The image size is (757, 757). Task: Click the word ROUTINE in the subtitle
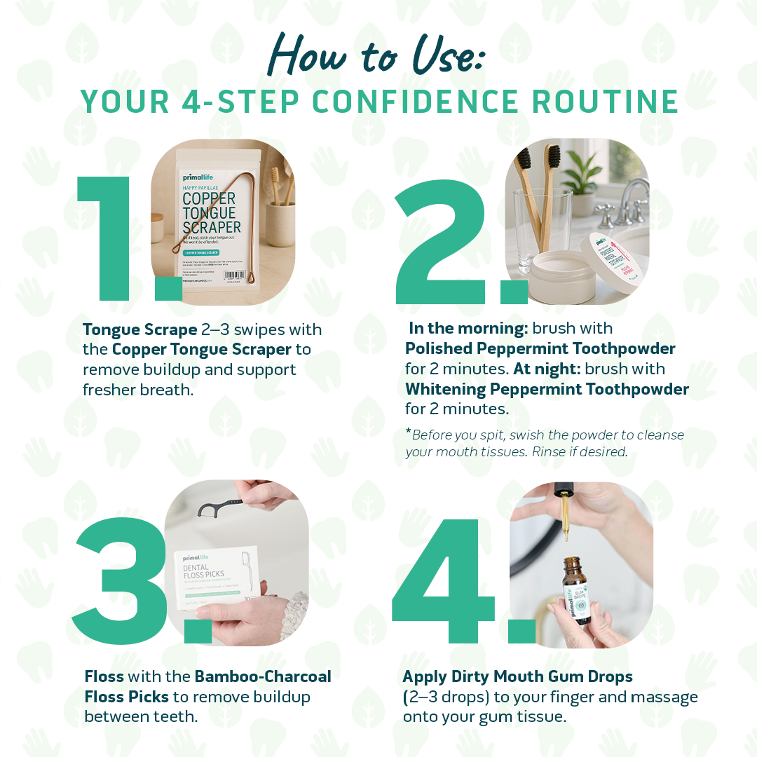[606, 102]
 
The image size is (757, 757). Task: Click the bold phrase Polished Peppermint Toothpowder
[540, 348]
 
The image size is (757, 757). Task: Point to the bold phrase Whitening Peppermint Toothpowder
[547, 388]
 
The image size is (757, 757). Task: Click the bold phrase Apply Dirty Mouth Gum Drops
[517, 677]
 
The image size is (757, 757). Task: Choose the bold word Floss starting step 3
[104, 677]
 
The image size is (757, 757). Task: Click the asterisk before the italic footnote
[408, 432]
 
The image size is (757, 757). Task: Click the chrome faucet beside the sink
[620, 200]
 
